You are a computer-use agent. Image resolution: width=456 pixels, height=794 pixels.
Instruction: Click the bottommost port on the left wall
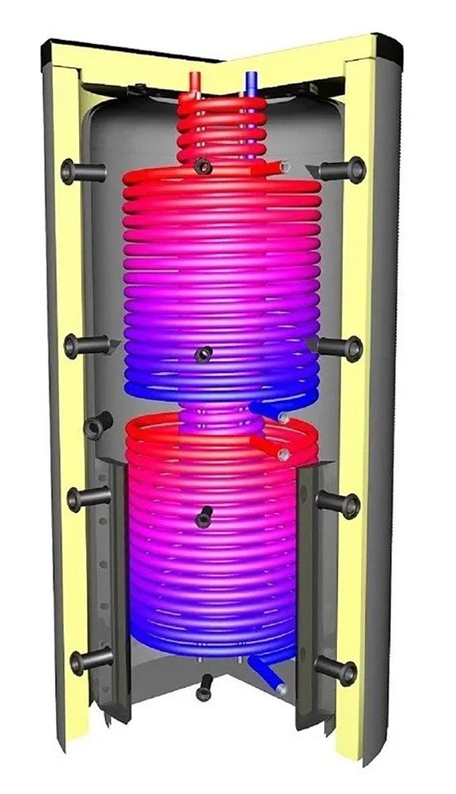tap(89, 659)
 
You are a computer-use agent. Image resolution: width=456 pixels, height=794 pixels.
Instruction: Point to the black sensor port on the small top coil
tap(202, 167)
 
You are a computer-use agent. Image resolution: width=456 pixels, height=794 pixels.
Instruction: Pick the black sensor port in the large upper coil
tap(202, 356)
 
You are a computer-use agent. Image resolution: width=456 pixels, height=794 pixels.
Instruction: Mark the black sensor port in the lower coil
tap(202, 519)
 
